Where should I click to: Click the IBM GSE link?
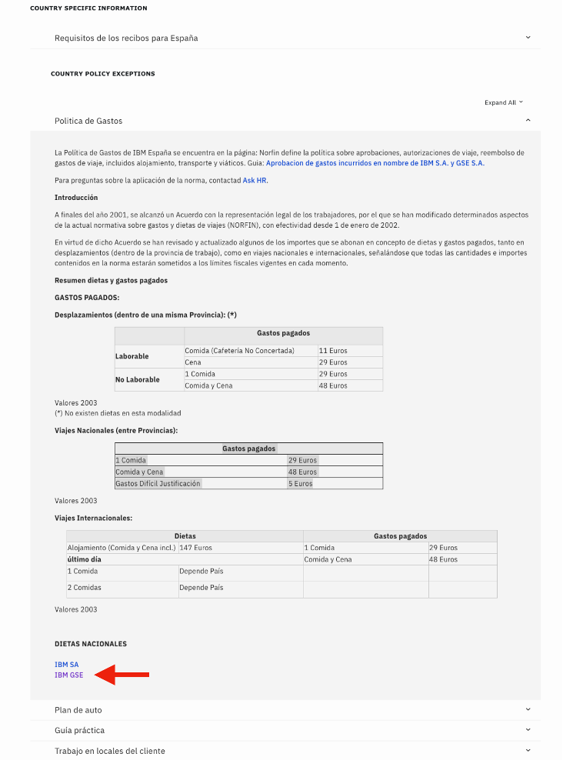pyautogui.click(x=68, y=675)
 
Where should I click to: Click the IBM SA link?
pyautogui.click(x=66, y=664)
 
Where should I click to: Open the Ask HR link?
pyautogui.click(x=255, y=180)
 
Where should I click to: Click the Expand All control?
pyautogui.click(x=503, y=102)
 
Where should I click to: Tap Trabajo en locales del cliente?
pyautogui.click(x=109, y=750)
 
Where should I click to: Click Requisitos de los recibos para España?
pyautogui.click(x=126, y=38)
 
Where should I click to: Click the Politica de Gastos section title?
pyautogui.click(x=88, y=121)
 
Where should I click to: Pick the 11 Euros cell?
pyautogui.click(x=333, y=351)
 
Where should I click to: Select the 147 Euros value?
pyautogui.click(x=195, y=548)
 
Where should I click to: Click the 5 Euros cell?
pyautogui.click(x=300, y=484)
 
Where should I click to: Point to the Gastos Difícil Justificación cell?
pyautogui.click(x=158, y=484)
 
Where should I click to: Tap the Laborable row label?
pyautogui.click(x=132, y=356)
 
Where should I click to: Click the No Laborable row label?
pyautogui.click(x=138, y=380)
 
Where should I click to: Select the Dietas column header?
pyautogui.click(x=185, y=536)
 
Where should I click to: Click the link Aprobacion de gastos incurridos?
pyautogui.click(x=375, y=163)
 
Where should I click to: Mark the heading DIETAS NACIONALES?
pyautogui.click(x=91, y=644)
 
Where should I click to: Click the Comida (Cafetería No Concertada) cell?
pyautogui.click(x=239, y=351)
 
